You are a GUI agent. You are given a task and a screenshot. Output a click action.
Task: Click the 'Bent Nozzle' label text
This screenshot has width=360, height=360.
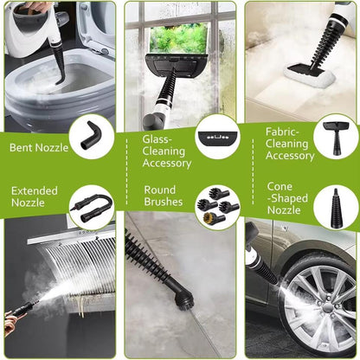tap(39, 148)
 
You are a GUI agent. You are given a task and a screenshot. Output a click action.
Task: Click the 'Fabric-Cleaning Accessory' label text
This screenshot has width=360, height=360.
tap(289, 144)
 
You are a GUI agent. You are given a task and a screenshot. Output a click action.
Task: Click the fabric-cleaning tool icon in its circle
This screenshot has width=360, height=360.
tap(336, 135)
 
